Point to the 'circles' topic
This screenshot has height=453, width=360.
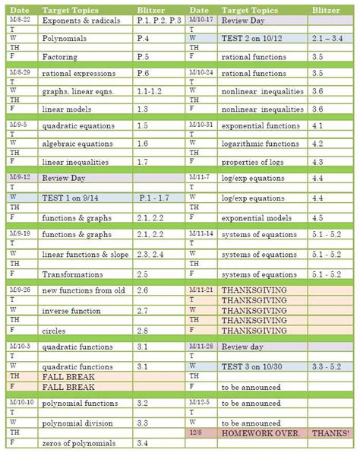click(x=55, y=331)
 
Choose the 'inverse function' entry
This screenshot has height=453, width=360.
click(x=69, y=311)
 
